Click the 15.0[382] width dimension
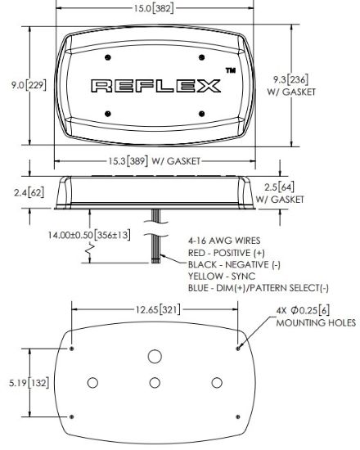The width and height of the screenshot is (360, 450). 154,8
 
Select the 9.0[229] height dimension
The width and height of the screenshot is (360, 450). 29,85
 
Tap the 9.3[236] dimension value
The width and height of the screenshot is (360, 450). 290,79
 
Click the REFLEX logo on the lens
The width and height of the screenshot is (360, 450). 156,86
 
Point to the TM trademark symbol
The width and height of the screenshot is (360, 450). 231,70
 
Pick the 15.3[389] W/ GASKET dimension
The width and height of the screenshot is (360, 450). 154,161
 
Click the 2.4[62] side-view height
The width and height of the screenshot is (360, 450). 29,192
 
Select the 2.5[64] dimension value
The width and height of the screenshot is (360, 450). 279,187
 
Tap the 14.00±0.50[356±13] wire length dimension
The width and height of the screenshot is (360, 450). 89,235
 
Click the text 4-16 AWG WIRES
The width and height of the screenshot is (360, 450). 224,241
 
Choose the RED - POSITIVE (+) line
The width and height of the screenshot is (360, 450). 226,253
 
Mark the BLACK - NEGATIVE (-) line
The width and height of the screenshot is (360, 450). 234,264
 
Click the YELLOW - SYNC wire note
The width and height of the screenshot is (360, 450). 222,276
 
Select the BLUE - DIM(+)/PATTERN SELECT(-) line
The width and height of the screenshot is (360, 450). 259,288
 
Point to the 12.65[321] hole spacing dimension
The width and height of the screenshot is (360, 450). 158,309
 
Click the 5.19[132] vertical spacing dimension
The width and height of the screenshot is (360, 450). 29,383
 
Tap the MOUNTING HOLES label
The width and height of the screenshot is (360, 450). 316,323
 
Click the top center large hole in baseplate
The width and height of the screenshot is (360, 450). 155,356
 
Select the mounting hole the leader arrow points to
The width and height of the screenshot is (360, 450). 238,349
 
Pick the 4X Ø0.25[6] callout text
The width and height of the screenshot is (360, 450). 303,310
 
